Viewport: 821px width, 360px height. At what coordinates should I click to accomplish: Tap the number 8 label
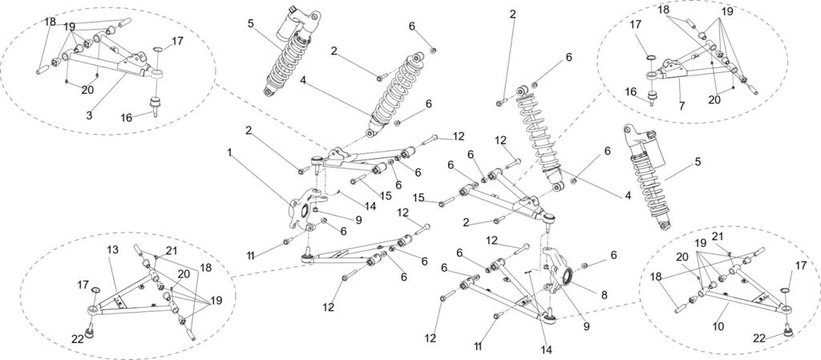[x=604, y=294]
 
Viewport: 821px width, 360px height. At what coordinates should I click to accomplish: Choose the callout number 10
[x=719, y=327]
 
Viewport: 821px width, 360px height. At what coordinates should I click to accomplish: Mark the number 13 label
[x=111, y=250]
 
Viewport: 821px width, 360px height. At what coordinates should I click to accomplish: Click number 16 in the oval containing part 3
[x=127, y=116]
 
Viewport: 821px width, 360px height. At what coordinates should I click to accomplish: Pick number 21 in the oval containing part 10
[x=718, y=237]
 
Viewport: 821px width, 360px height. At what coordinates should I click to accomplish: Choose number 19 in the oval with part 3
[x=71, y=26]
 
